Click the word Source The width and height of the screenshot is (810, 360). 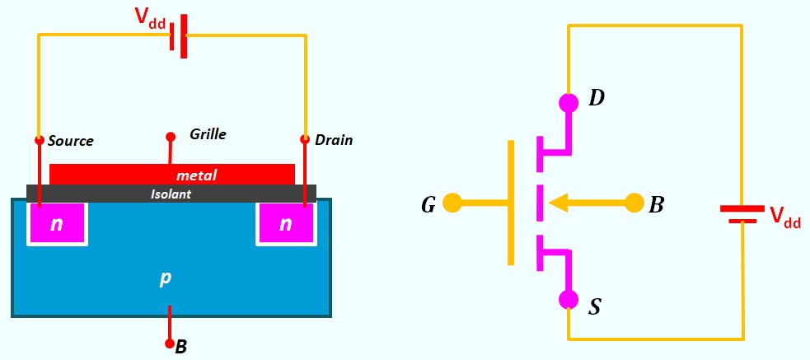point(71,141)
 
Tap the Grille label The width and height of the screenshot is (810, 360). point(208,134)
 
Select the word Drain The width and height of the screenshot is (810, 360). point(334,140)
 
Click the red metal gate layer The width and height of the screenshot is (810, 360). point(172,175)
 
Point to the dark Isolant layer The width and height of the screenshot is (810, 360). point(171,194)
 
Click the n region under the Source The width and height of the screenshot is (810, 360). point(57,223)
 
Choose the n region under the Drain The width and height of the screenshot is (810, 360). point(286,223)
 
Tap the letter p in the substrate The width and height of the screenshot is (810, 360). point(165,278)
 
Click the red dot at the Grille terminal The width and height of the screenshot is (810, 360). point(170,137)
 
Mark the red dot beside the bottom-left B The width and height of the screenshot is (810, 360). point(169,343)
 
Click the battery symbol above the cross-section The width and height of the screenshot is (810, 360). point(179,35)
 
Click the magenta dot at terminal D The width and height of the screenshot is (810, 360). point(569,102)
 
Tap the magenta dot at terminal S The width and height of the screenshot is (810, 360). point(569,299)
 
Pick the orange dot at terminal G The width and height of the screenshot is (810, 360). point(452,203)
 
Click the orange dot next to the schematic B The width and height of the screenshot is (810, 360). point(634,203)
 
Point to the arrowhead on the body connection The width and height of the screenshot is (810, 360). point(557,203)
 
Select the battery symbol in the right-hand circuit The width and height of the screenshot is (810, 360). point(742,214)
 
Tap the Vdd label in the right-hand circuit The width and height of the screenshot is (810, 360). point(785,217)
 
